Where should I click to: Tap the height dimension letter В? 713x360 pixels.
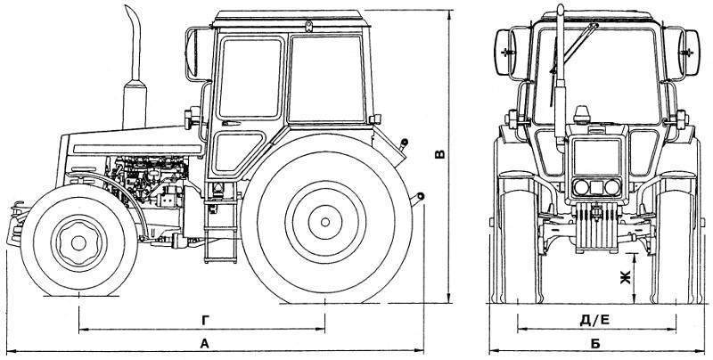coord(438,153)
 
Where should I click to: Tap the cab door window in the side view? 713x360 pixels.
coord(249,79)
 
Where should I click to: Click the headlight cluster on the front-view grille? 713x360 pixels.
coord(592,188)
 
